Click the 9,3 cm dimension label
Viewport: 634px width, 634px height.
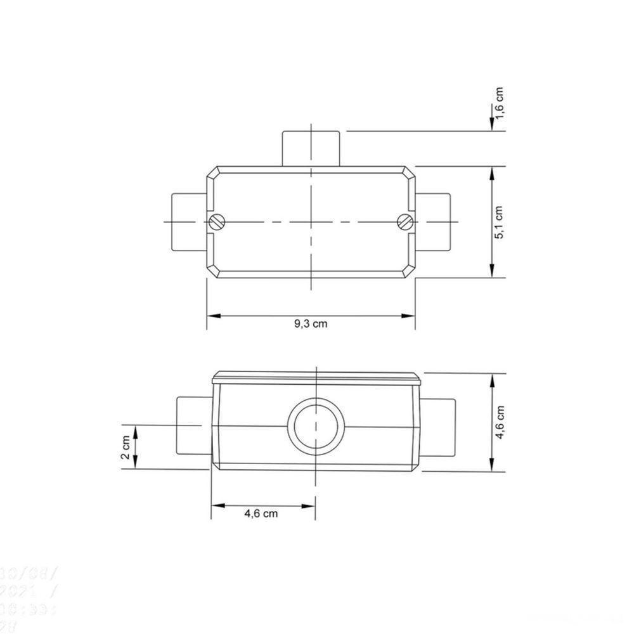311,323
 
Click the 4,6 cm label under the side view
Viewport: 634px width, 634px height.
261,514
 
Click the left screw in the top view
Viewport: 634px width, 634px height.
217,221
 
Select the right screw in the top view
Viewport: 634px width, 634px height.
406,221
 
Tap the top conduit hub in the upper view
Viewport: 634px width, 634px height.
311,148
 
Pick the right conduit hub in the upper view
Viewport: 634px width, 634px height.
436,221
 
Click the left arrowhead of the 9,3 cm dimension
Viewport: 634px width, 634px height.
212,315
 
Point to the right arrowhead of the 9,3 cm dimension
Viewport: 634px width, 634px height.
410,315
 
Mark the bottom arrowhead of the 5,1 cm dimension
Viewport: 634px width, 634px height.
493,273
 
